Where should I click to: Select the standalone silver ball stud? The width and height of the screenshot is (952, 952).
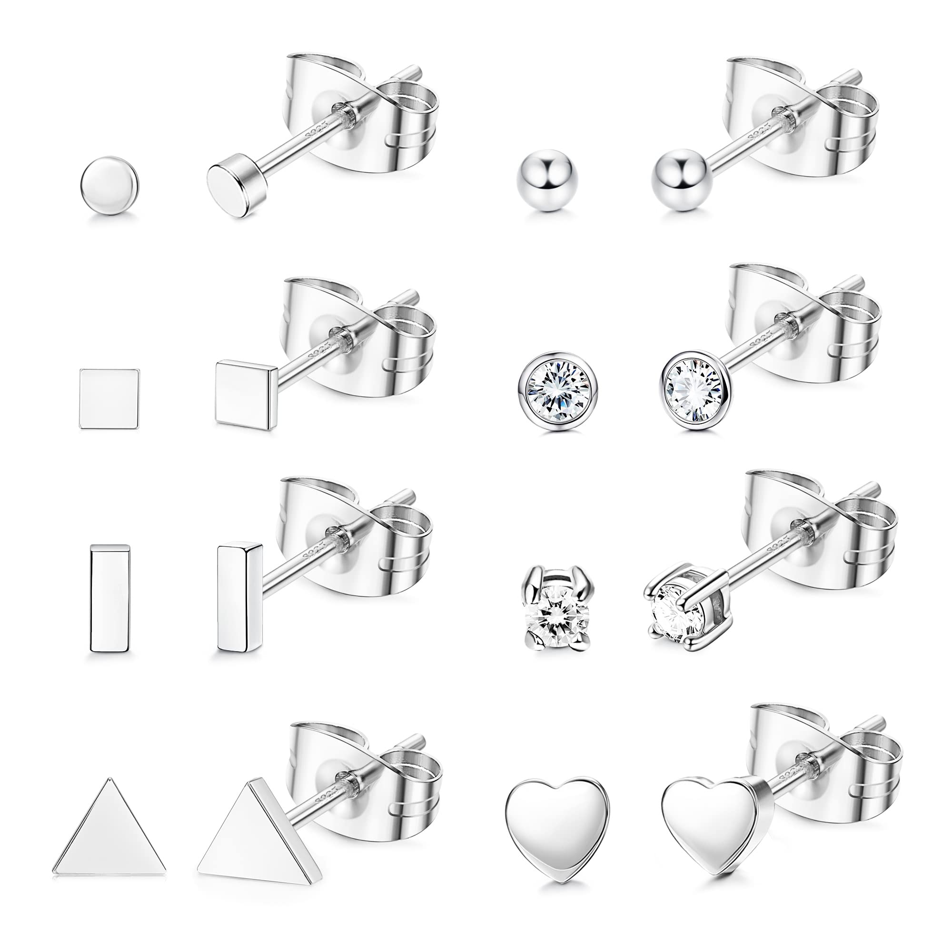tap(543, 185)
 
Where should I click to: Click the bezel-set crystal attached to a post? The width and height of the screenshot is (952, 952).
tap(695, 391)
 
